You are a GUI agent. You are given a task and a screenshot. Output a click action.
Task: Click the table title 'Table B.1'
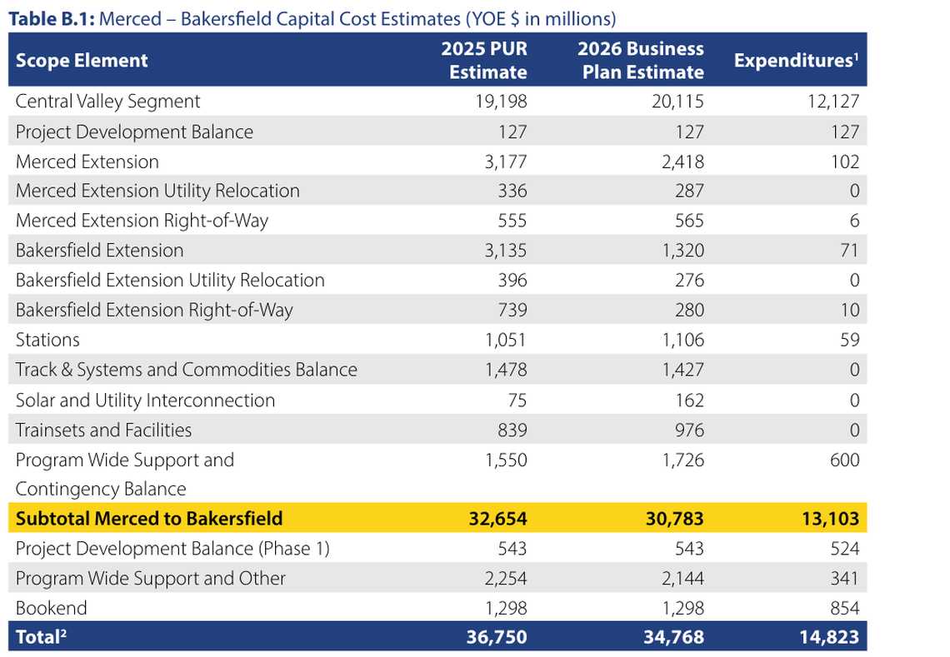[x=50, y=18]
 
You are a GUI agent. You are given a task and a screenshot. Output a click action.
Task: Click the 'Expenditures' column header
[x=796, y=61]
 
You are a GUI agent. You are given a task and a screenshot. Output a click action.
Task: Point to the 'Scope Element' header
[x=82, y=60]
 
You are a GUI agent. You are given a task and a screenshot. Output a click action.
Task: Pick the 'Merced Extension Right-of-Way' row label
[x=142, y=221]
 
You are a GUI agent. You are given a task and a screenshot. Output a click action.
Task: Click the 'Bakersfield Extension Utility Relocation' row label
[x=170, y=280]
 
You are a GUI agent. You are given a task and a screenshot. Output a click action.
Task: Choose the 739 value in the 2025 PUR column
[x=512, y=310]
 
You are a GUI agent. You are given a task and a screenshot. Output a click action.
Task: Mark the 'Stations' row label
[x=47, y=340]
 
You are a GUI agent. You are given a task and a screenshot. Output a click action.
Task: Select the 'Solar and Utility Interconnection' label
[x=145, y=400]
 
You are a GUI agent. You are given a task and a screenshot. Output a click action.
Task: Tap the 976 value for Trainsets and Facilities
[x=689, y=430]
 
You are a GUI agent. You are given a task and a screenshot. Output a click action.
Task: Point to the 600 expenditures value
[x=844, y=460]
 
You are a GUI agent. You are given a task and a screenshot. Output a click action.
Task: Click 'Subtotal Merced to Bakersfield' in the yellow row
[x=149, y=518]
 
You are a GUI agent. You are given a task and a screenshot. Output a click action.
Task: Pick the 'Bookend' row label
[x=51, y=608]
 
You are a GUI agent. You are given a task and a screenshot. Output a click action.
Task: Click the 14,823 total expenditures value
[x=827, y=638]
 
